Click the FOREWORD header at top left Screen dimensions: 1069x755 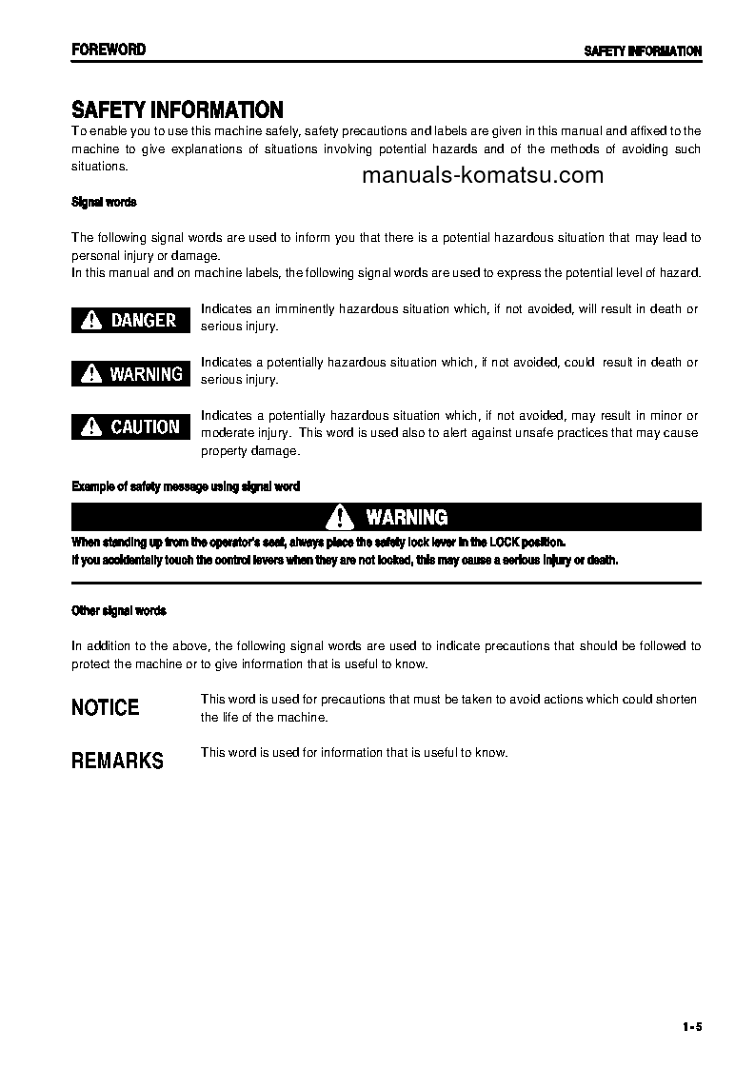(x=109, y=49)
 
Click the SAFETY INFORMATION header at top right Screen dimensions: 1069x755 (x=643, y=51)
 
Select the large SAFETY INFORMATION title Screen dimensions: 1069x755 (x=177, y=110)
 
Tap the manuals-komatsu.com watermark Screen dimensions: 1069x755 (x=483, y=175)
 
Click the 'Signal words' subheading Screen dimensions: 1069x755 (x=104, y=202)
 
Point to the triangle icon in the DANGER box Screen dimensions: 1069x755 (x=92, y=321)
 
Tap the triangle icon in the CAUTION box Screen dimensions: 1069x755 (x=92, y=427)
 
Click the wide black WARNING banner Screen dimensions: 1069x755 (x=387, y=517)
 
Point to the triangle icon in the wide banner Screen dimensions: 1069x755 (x=340, y=517)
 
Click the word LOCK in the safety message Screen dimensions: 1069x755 (x=505, y=542)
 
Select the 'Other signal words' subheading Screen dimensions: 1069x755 (x=119, y=610)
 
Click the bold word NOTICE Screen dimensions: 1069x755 (x=106, y=707)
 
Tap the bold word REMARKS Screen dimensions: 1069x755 (x=118, y=761)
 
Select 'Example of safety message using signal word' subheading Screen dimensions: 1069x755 (x=186, y=486)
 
